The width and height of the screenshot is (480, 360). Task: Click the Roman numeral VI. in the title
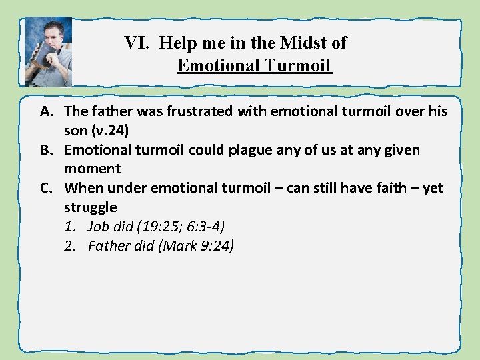138,43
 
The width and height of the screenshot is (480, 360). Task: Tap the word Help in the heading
176,43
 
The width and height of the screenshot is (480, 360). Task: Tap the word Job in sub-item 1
99,227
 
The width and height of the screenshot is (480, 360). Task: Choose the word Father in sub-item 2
109,247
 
